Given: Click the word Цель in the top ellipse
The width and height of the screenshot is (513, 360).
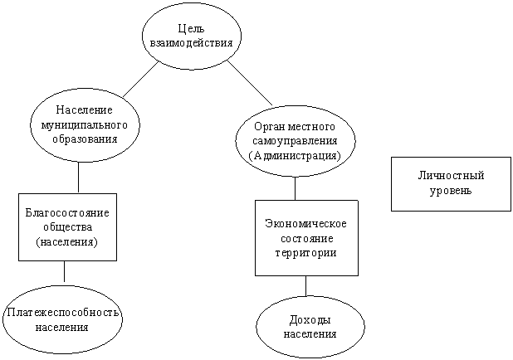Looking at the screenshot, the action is point(192,29).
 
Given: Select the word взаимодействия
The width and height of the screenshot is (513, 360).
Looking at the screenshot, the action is point(192,43).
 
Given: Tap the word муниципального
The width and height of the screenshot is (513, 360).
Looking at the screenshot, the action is point(84,125).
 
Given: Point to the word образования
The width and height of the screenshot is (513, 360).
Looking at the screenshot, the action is point(85,139).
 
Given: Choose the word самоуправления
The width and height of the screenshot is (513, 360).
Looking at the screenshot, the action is point(295,141).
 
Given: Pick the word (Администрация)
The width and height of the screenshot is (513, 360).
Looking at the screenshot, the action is point(295,155).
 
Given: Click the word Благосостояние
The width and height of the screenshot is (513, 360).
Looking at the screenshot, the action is point(67,213).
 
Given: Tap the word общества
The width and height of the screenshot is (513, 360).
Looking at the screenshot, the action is point(68,227).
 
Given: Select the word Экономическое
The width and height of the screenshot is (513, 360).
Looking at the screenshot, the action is point(305,224).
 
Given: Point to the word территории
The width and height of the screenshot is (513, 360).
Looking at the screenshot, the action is point(306,253).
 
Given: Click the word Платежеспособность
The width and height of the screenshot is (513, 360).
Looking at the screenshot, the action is point(62,313).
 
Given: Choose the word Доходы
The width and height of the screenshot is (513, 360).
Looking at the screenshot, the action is point(310,320).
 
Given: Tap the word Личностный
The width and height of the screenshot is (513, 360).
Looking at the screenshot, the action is point(451,176).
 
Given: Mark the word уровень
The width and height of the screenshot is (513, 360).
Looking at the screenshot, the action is point(451,191).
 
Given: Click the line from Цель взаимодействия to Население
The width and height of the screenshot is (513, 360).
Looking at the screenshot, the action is point(141,79).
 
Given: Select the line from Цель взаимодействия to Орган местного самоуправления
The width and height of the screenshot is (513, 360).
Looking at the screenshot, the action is point(250,82).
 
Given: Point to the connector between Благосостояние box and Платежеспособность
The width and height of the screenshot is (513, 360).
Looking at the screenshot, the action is point(64,271).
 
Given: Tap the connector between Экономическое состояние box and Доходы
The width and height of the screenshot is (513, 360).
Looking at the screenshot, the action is point(306,286).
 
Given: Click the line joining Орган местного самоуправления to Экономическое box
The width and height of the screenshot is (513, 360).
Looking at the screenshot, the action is point(296,188).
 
